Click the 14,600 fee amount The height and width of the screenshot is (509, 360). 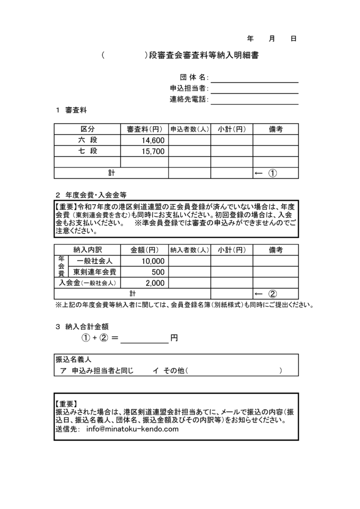point(153,141)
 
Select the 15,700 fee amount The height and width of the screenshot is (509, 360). point(153,151)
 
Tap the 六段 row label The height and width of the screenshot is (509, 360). point(87,141)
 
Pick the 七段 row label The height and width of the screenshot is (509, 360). point(87,151)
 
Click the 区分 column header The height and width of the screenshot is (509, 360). point(87,129)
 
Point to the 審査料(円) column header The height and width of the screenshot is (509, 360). point(144,129)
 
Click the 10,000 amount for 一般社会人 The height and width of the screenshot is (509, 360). point(153,261)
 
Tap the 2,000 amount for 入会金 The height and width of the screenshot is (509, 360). point(155,283)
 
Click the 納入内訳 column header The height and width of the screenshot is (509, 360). point(87,250)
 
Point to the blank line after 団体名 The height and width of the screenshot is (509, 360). point(254,79)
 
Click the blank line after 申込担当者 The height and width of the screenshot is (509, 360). point(254,89)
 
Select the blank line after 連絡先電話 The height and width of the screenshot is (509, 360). point(254,100)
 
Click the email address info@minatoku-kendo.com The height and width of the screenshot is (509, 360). point(132,429)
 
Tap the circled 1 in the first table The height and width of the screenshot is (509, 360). point(273,173)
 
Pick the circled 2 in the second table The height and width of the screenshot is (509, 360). point(273,293)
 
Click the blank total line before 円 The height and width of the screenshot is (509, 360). point(144,338)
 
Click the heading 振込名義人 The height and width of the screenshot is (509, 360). point(73,359)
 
